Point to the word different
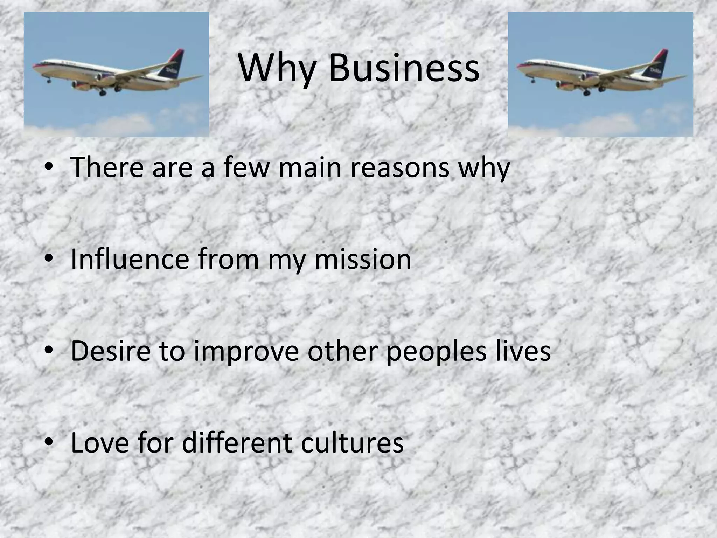point(237,443)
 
